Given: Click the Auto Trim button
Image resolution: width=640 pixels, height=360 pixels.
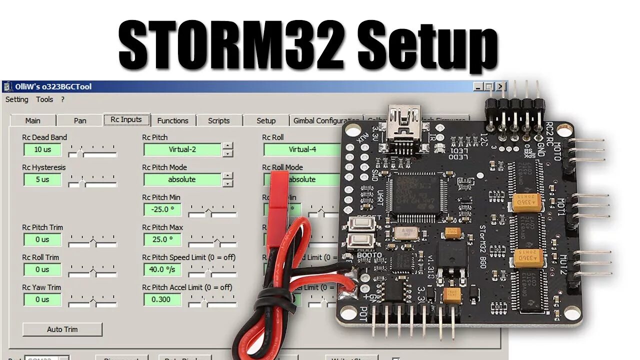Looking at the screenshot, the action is (x=62, y=329).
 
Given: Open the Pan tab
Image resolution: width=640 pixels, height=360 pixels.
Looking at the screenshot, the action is (x=80, y=120).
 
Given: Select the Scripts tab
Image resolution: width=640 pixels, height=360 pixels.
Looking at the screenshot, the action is (x=218, y=120).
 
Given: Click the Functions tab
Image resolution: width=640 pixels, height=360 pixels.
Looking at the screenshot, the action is (x=172, y=120).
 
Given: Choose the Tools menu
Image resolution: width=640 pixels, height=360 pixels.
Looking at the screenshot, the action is (x=44, y=99).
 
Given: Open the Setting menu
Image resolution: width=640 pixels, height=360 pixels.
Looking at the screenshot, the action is (x=17, y=99).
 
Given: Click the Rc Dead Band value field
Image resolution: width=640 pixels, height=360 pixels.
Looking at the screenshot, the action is (x=42, y=149).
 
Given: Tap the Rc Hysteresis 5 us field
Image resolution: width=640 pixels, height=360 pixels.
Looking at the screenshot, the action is (x=42, y=179).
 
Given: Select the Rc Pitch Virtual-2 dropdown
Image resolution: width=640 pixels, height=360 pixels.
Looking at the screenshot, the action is (x=182, y=149).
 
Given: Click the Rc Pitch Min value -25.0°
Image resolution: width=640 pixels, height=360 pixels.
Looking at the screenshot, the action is (x=162, y=209).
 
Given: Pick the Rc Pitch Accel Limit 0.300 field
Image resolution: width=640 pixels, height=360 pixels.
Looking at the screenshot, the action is (x=162, y=299).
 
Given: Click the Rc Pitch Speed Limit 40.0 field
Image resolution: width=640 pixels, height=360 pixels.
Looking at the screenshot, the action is (x=162, y=269).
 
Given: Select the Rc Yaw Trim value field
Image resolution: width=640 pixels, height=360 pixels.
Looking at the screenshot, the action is (x=42, y=299).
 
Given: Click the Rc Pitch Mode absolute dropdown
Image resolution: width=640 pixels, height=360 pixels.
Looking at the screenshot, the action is (x=182, y=179).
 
